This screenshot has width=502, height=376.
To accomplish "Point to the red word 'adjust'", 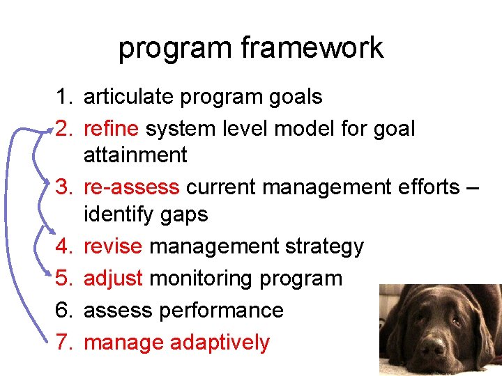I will (x=113, y=279).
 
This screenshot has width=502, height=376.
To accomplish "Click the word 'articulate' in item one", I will (x=129, y=97).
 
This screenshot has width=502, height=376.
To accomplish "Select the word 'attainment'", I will (x=135, y=155).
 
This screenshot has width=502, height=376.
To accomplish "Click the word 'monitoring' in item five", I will (x=201, y=279).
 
